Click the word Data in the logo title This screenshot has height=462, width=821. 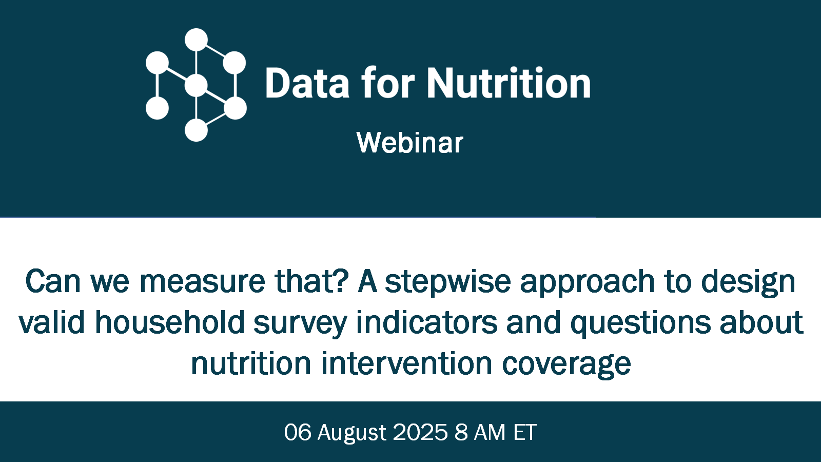coord(307,83)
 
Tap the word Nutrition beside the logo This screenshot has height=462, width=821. coord(509,83)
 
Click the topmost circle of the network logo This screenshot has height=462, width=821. coord(196,40)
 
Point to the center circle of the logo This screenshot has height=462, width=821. coord(196,85)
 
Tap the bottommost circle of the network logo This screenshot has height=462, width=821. coord(196,130)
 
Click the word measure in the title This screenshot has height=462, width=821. coord(202,282)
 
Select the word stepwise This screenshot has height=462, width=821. coord(447,282)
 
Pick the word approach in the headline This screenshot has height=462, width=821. coord(587,282)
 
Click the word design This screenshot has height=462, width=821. coord(748,282)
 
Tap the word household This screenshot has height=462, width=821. coord(170,322)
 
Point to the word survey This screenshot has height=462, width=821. coord(300,323)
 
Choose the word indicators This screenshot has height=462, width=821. coord(426,322)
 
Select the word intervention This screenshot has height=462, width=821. coord(406,364)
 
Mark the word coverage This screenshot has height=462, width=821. coord(566,365)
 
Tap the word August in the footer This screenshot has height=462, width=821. coord(351,433)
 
